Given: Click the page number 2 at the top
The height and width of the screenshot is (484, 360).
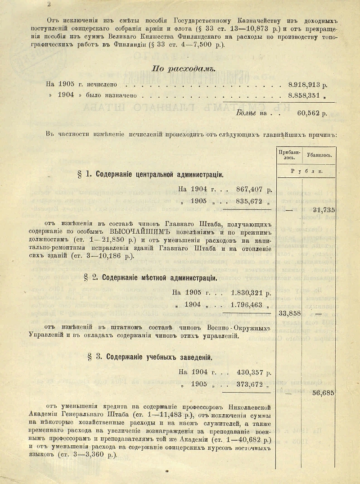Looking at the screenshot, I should [49, 4].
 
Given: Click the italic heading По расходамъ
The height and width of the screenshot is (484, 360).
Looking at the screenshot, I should [184, 69].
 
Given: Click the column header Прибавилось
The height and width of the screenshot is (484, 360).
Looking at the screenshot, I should [288, 155].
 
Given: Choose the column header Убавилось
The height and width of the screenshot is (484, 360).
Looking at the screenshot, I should [319, 155].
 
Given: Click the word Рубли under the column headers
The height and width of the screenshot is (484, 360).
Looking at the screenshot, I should [306, 171].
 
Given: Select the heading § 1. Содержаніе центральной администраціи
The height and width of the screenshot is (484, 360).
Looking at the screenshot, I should [150, 175].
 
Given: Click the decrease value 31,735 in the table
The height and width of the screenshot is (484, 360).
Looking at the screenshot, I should [324, 210].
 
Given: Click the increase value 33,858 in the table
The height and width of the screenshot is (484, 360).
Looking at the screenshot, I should [289, 313].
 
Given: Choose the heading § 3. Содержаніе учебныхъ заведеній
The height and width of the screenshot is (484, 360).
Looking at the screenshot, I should [150, 357].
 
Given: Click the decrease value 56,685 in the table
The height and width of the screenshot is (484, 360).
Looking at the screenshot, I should [324, 393].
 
